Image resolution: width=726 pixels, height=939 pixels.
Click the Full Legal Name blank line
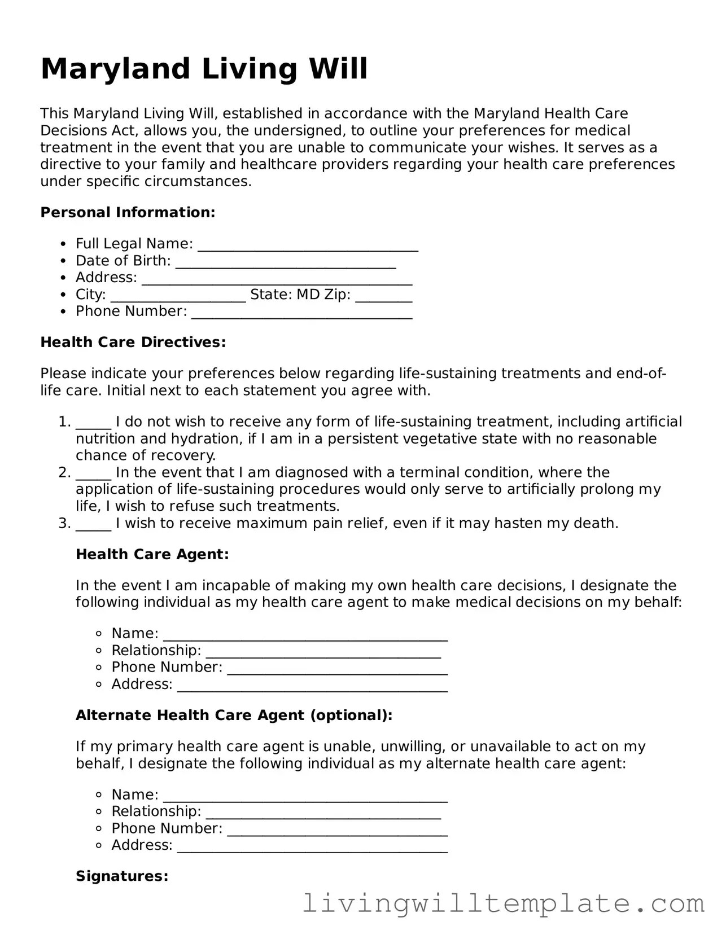[308, 245]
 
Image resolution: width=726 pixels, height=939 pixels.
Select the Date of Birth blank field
[286, 262]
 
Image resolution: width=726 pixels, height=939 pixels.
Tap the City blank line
[178, 296]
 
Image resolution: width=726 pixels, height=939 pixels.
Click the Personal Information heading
[128, 213]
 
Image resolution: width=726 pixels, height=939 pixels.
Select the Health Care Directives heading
[133, 343]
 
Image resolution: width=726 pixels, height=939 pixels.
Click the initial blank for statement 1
[93, 423]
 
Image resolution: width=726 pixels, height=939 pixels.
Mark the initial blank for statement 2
[93, 474]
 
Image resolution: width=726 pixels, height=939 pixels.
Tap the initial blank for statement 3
[93, 525]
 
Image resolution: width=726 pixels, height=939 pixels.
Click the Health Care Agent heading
[152, 555]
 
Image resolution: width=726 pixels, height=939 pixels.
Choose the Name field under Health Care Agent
[305, 635]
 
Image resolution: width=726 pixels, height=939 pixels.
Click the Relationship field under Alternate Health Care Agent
[323, 813]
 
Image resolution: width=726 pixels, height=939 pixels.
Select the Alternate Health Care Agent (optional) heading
[234, 716]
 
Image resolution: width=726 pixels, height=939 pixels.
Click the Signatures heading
[122, 876]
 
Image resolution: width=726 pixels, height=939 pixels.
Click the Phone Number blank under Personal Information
[302, 313]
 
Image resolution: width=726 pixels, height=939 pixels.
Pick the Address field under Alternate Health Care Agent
[312, 846]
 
